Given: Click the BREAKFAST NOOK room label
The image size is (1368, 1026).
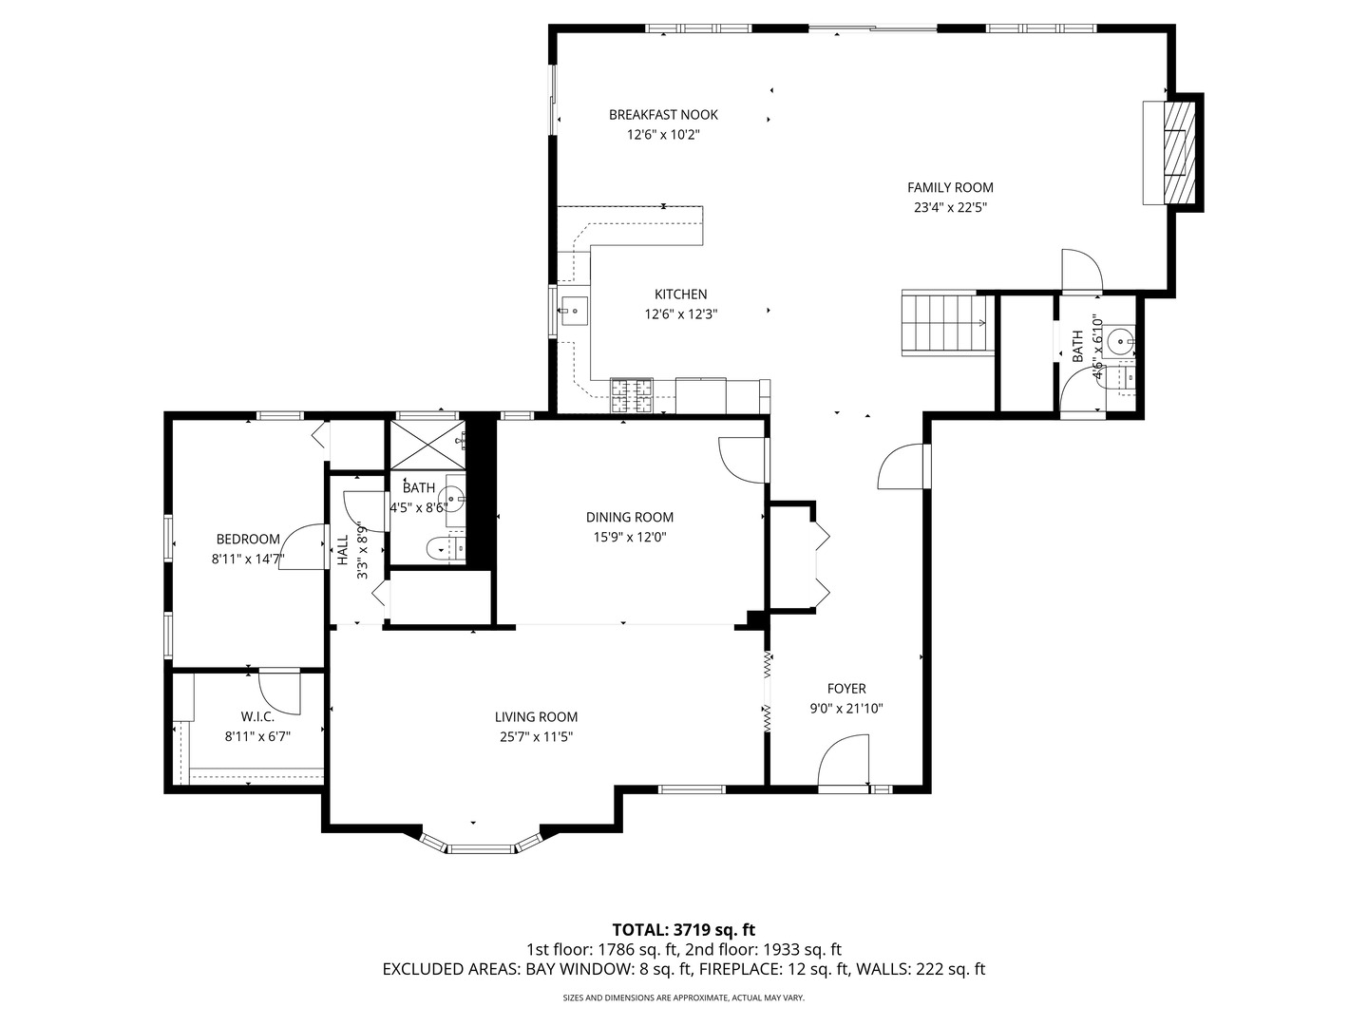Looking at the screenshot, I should [663, 115].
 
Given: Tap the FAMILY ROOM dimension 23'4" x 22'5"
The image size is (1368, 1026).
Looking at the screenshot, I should [949, 208].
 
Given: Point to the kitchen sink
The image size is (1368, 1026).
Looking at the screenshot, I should [575, 310].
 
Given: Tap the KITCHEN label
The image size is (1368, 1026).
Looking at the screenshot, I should [680, 294].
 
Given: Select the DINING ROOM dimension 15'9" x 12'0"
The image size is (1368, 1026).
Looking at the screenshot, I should [629, 537].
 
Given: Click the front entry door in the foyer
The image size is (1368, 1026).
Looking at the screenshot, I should [844, 765].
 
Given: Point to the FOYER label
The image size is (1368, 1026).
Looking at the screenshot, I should [845, 689].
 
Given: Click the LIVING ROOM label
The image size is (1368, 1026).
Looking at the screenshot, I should [536, 717].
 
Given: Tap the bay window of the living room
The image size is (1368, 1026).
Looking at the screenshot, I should [480, 845].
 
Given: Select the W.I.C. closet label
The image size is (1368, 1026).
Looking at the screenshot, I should [256, 717].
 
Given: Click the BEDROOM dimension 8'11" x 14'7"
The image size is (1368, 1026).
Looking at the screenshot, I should [247, 560].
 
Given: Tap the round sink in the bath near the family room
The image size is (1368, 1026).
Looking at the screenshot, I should [1122, 337].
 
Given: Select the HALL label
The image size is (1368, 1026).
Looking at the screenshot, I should [342, 551].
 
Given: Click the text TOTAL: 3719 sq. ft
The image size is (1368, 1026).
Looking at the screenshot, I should [683, 929].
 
